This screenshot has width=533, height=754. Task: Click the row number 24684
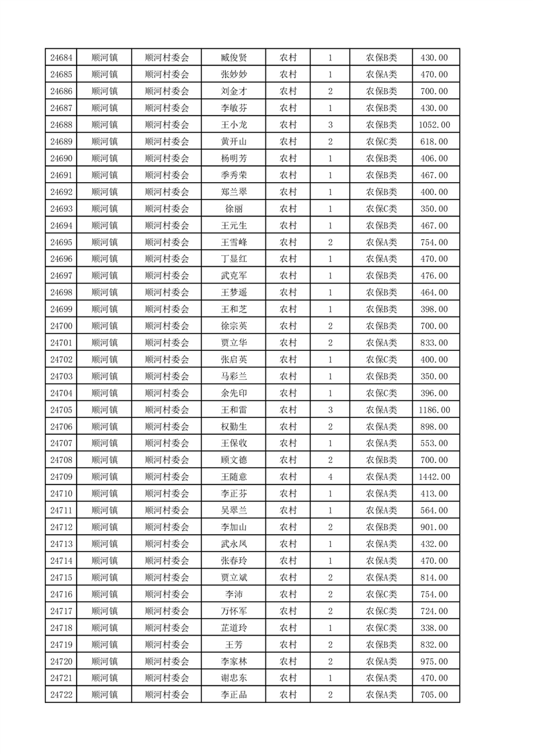pos(61,58)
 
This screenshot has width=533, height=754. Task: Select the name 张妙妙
pos(233,75)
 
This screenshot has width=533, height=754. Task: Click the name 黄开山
pos(233,142)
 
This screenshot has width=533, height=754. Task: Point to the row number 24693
pos(61,209)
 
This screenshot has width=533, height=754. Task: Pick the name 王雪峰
pos(233,242)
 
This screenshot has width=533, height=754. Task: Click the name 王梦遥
pos(233,292)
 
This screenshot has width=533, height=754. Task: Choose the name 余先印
pos(233,393)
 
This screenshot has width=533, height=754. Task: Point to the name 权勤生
pos(233,427)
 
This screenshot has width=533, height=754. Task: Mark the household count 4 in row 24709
pos(330,476)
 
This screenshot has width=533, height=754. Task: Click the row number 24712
pos(61,527)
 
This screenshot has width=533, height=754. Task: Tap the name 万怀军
pos(233,611)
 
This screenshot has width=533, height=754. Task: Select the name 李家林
pos(233,661)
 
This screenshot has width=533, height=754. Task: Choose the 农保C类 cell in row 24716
pos(381,594)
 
